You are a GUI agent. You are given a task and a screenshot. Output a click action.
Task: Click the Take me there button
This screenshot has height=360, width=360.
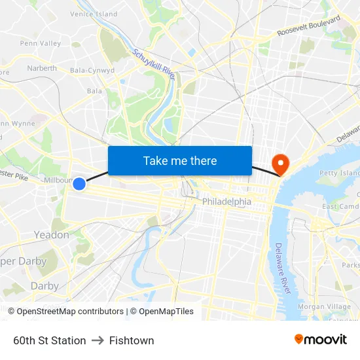pyautogui.click(x=179, y=161)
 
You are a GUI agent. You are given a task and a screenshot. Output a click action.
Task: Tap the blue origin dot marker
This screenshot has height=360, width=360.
pyautogui.click(x=79, y=184)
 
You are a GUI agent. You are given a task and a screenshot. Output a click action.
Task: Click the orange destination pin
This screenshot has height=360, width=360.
pyautogui.click(x=280, y=164)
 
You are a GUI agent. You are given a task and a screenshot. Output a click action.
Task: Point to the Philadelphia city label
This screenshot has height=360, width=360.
pyautogui.click(x=226, y=202)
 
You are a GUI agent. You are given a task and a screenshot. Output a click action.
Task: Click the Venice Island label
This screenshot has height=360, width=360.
pyautogui.click(x=94, y=14)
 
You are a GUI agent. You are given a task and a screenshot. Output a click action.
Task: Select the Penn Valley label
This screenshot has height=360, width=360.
pyautogui.click(x=40, y=44)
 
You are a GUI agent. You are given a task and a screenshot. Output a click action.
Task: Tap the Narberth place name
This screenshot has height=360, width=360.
pyautogui.click(x=42, y=68)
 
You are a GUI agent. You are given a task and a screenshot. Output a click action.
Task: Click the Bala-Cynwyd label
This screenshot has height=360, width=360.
pyautogui.click(x=92, y=70)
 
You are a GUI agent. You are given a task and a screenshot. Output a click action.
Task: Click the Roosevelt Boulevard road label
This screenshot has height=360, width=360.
pyautogui.click(x=309, y=27)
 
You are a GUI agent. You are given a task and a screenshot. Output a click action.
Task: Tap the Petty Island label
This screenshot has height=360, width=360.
pyautogui.click(x=339, y=173)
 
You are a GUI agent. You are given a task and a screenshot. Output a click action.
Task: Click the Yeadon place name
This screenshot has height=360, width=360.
pyautogui.click(x=51, y=235)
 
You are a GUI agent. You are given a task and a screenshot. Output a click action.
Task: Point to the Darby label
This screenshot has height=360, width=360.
pyautogui.click(x=44, y=286)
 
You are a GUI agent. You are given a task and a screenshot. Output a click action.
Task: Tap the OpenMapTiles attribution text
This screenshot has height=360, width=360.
pyautogui.click(x=166, y=312)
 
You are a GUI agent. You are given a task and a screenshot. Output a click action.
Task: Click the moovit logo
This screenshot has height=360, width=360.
pyautogui.click(x=320, y=340)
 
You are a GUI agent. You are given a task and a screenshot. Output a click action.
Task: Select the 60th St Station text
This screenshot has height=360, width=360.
pyautogui.click(x=50, y=340)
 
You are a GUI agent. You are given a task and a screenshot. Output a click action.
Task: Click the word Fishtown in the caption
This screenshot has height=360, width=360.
pyautogui.click(x=132, y=340)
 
